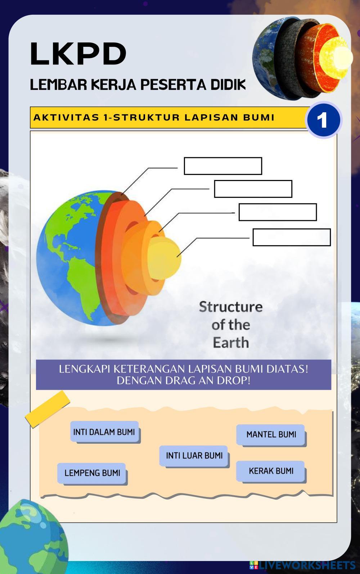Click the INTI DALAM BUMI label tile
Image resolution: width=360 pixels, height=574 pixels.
coord(104,432)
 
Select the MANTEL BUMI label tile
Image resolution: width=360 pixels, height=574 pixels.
coord(271,434)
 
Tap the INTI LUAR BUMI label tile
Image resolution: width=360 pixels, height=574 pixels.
coord(194,456)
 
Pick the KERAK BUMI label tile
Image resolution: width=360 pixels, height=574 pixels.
coord(271,471)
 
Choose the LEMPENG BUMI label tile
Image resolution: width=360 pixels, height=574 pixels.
coord(92,473)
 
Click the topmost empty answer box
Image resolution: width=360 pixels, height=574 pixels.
coord(223,166)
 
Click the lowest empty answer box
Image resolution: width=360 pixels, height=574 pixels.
coord(292,237)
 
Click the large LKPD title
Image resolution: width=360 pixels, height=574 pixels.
coord(78,54)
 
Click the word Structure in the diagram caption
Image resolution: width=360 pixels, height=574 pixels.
coord(231,307)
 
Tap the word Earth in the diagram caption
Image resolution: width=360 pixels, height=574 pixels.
coord(231,343)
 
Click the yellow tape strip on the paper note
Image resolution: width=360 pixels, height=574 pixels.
coord(47,409)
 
